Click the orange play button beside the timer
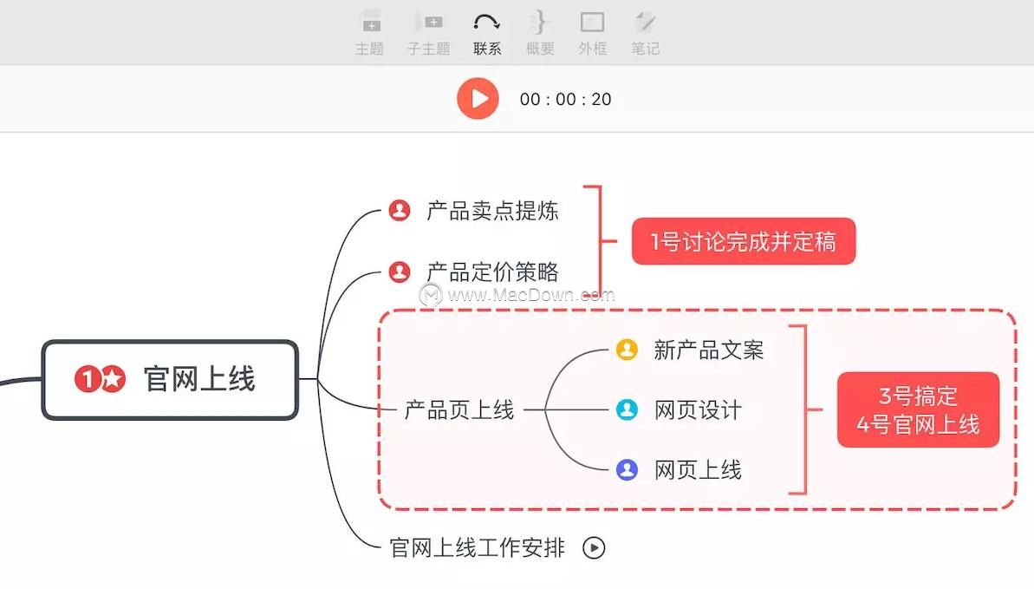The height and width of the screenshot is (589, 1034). click(478, 98)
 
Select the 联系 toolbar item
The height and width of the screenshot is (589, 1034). click(487, 33)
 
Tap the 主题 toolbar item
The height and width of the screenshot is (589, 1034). click(370, 33)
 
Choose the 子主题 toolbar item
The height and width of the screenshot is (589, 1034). click(429, 33)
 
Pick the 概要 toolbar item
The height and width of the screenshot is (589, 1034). click(539, 33)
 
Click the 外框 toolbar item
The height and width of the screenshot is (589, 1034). click(592, 33)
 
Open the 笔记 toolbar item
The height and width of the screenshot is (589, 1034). click(645, 33)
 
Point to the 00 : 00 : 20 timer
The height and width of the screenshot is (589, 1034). click(565, 99)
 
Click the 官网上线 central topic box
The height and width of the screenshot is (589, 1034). click(170, 380)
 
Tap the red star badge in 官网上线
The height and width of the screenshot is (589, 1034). click(113, 379)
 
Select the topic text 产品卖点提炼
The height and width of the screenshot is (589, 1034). click(492, 211)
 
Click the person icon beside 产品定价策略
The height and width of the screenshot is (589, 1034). click(399, 272)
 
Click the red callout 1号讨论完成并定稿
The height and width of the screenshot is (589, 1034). click(743, 241)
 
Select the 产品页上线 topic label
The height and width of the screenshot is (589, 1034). click(459, 409)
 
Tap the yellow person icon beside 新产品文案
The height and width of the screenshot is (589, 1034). click(627, 350)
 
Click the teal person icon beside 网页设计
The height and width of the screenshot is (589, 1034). click(627, 409)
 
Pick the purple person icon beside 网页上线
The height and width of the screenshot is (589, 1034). click(627, 469)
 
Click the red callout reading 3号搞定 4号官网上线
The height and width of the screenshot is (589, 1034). click(918, 409)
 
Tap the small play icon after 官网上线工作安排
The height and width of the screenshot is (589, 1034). click(594, 547)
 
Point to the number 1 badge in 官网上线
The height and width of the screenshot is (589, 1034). click(87, 379)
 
